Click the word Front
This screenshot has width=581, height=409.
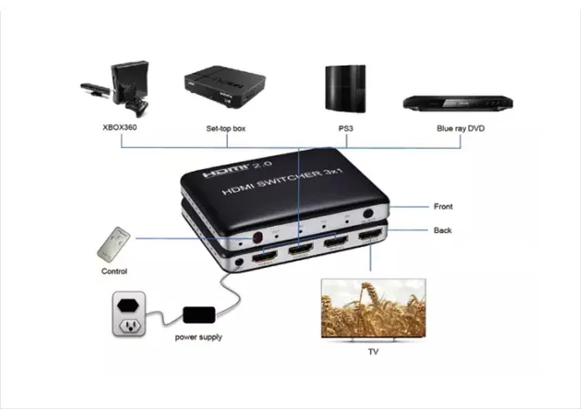pyautogui.click(x=443, y=207)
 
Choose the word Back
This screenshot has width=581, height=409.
pyautogui.click(x=443, y=230)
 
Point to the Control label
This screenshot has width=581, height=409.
pyautogui.click(x=114, y=272)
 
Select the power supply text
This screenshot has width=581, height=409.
pyautogui.click(x=198, y=337)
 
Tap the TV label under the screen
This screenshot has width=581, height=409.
pyautogui.click(x=373, y=352)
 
